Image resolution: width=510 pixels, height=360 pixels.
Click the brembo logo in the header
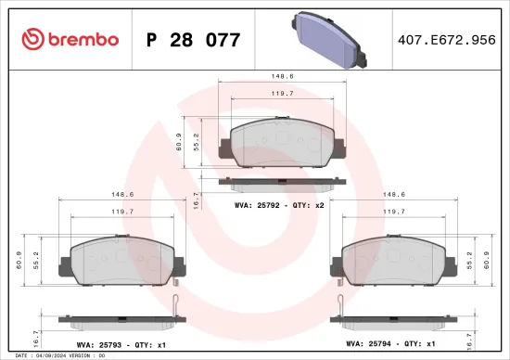click(x=70, y=39)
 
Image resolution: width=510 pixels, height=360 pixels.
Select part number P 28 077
click(x=194, y=40)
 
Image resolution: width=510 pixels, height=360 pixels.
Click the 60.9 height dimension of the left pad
click(x=19, y=259)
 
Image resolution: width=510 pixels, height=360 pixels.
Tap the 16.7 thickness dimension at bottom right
click(x=470, y=340)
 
